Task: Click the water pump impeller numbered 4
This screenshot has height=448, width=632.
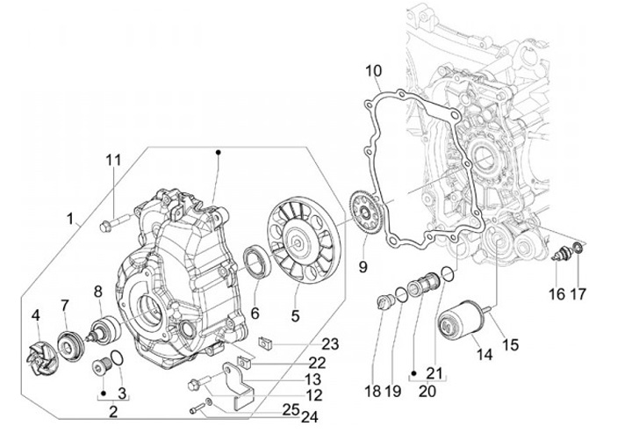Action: (x=44, y=359)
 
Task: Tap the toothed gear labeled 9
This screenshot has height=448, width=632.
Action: (x=366, y=212)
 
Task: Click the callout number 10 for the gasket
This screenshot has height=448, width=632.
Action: (x=373, y=71)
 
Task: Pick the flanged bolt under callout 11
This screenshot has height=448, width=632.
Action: (x=113, y=223)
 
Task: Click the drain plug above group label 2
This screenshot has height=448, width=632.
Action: (x=101, y=365)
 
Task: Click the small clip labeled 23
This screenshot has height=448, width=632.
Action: (x=265, y=343)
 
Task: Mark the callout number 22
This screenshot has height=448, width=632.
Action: (x=317, y=363)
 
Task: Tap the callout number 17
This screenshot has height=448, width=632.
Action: (x=578, y=294)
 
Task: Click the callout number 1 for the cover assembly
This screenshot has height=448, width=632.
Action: (x=70, y=219)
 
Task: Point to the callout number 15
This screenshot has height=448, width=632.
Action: (x=509, y=344)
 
